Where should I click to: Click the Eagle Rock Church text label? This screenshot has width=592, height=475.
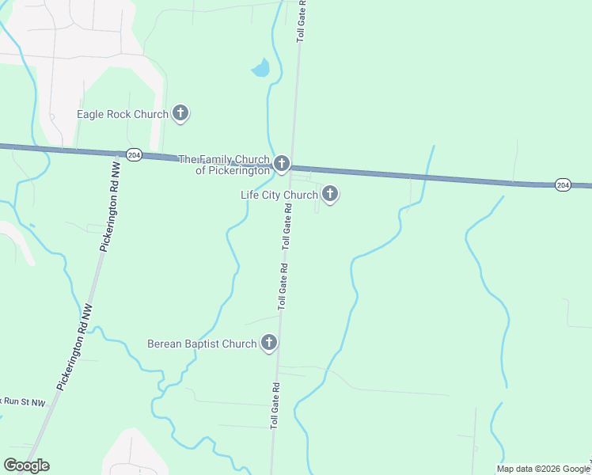tap(123, 114)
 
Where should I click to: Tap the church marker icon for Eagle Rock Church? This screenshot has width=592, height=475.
tap(180, 113)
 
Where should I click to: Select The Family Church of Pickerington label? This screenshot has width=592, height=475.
tap(225, 165)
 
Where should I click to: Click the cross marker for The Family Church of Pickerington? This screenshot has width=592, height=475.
tap(282, 165)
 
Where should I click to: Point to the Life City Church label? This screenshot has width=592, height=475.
tap(279, 195)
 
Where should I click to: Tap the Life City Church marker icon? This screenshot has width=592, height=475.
tap(329, 193)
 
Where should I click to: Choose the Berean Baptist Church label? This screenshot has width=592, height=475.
tap(202, 344)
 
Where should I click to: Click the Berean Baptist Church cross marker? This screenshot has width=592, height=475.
tap(269, 343)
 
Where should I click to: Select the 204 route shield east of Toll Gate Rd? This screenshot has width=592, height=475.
tap(562, 184)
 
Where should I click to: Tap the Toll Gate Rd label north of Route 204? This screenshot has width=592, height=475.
tap(301, 21)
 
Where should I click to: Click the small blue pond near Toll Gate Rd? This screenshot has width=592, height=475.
tap(260, 69)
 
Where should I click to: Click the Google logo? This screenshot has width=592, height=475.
tap(26, 465)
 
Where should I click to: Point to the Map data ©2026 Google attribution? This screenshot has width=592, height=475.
tap(543, 469)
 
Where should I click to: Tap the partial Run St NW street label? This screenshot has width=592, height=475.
tap(24, 401)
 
